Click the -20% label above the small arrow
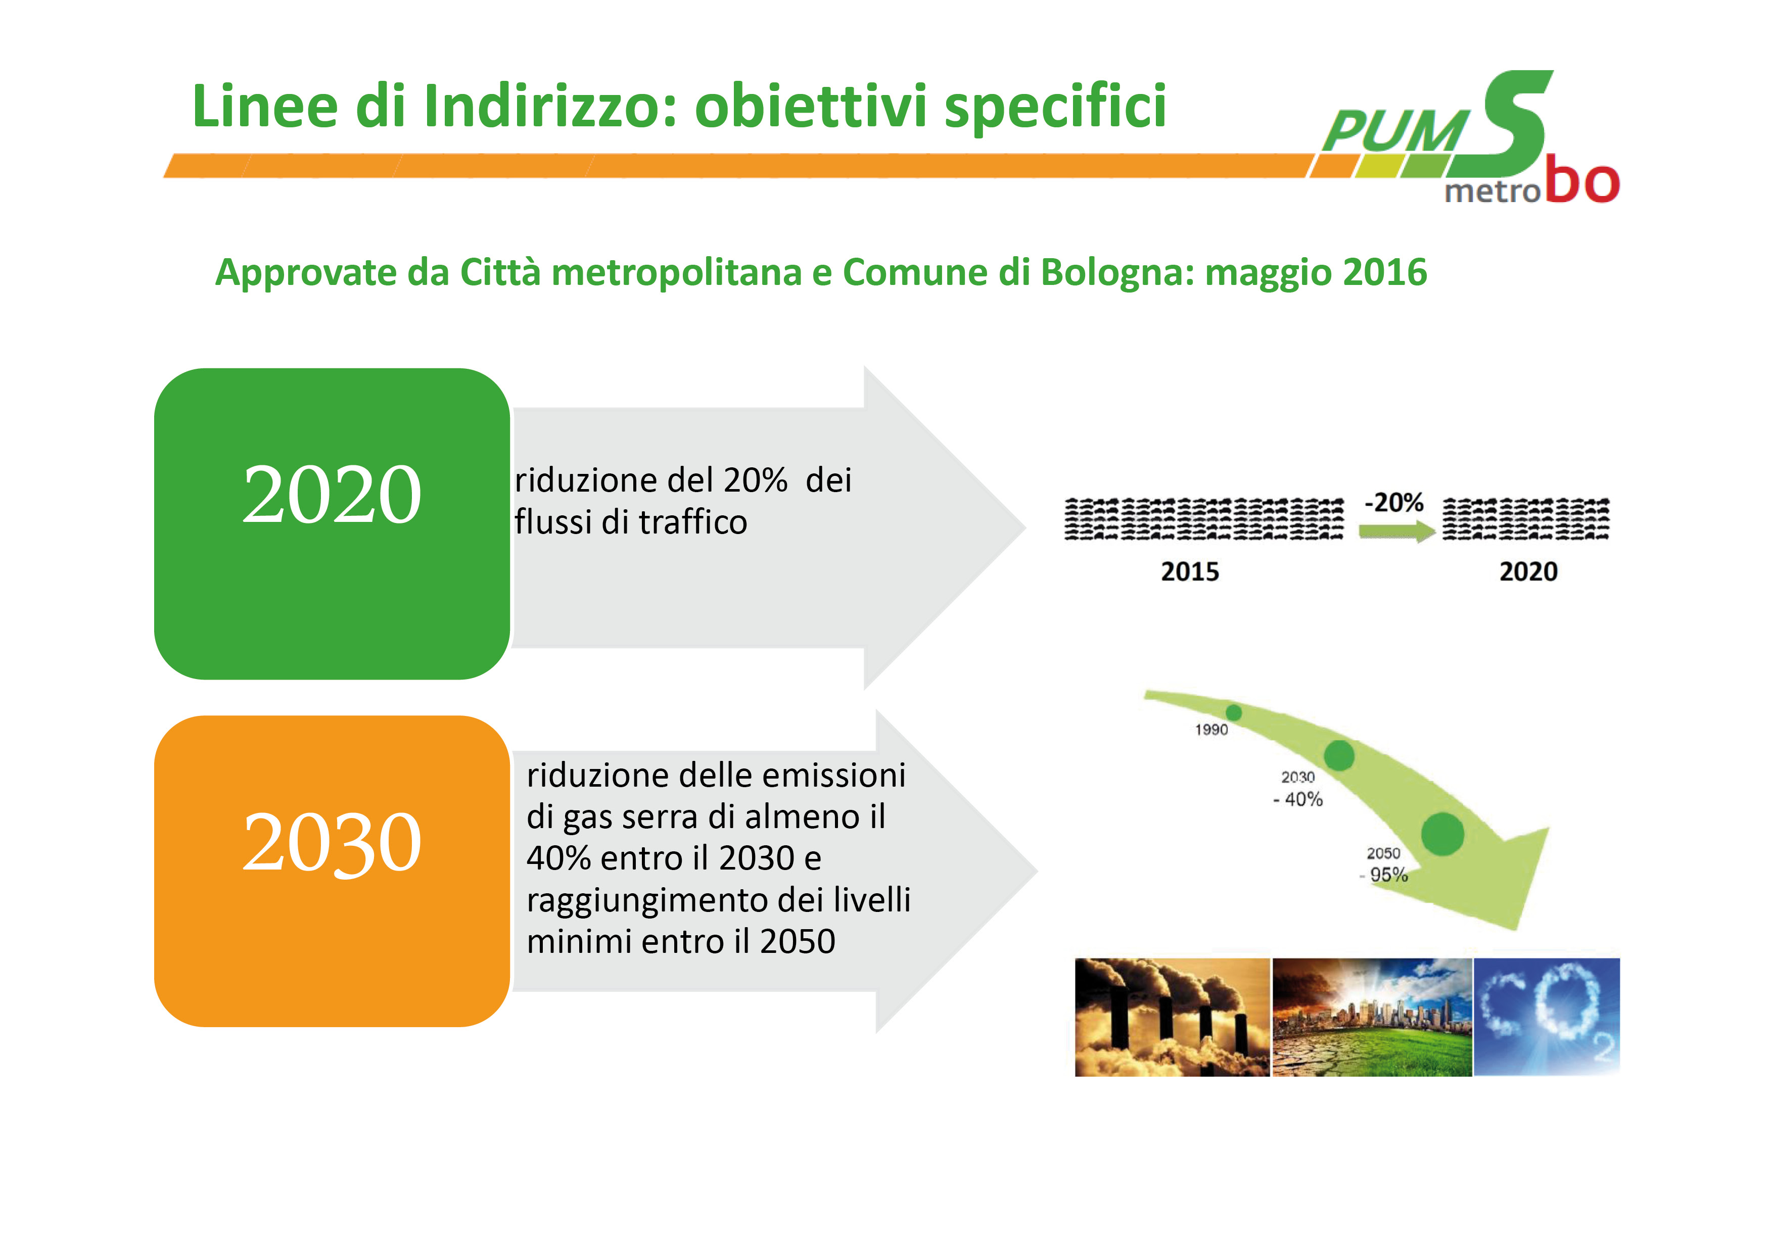tap(1394, 503)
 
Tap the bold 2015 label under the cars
tap(1190, 572)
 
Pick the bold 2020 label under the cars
tap(1528, 572)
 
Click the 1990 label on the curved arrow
tap(1211, 730)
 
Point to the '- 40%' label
tap(1298, 800)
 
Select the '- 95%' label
tap(1384, 875)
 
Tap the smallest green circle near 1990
tap(1234, 712)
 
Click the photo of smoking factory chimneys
tap(1172, 1017)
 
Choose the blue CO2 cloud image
tap(1547, 1017)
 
